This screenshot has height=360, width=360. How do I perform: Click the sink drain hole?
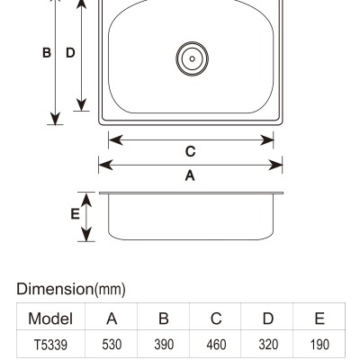[192, 58]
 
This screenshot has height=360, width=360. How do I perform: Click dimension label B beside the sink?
[47, 53]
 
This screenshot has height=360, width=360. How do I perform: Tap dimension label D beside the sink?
[70, 53]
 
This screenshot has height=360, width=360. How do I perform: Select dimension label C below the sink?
[191, 151]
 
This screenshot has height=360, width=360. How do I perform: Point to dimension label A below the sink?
[190, 175]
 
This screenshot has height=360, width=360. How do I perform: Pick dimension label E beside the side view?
[75, 214]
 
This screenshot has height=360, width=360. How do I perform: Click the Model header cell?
[50, 319]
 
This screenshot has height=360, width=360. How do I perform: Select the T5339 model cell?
[50, 345]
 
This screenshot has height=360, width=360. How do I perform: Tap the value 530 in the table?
[112, 345]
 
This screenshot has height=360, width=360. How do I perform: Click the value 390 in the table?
[164, 345]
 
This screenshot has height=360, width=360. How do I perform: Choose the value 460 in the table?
[216, 345]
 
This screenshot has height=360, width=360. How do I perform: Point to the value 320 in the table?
[268, 345]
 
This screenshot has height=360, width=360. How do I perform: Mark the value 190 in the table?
[319, 345]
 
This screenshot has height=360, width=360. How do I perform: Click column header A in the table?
[112, 319]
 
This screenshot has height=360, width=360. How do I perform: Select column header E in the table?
[319, 319]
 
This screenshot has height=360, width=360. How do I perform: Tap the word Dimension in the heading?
[55, 289]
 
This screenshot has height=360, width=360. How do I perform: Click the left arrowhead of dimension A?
[105, 165]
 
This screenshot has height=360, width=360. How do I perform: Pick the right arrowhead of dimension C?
[266, 139]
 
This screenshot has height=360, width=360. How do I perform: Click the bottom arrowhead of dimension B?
[56, 118]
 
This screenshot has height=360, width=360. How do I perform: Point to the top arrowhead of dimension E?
[86, 200]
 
